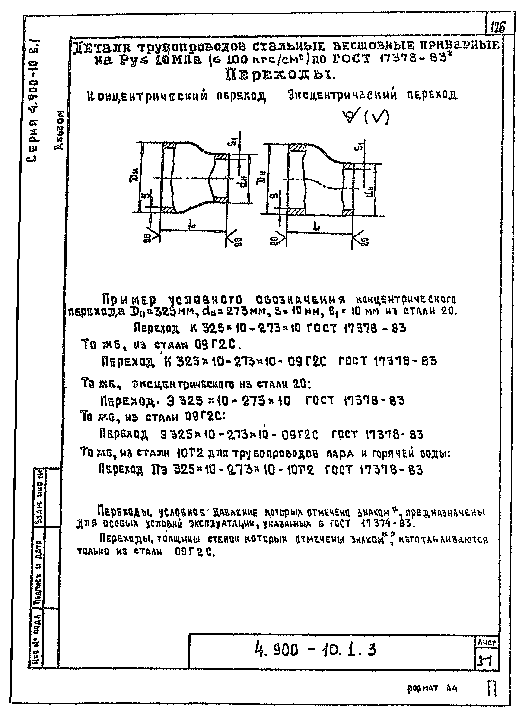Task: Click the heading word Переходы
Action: [280, 75]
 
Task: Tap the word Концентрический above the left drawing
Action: [147, 96]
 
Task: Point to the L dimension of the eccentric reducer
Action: [316, 226]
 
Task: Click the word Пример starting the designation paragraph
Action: [129, 300]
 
